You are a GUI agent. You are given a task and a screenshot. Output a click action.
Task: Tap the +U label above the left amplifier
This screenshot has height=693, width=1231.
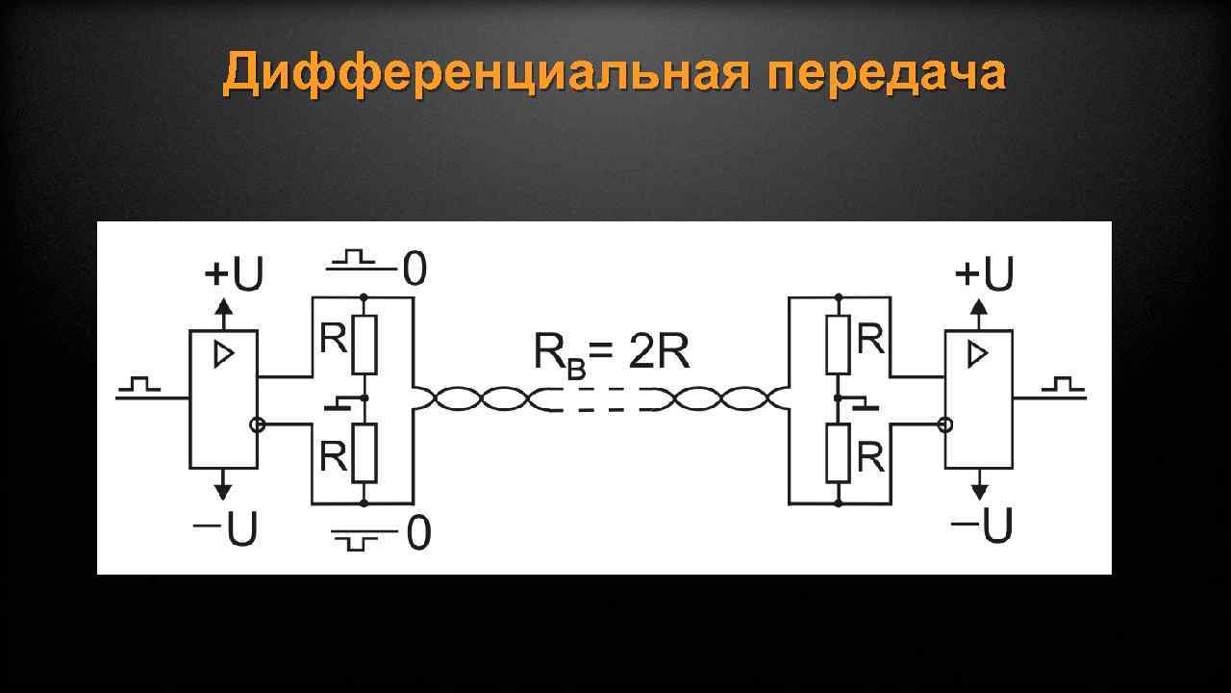click(234, 275)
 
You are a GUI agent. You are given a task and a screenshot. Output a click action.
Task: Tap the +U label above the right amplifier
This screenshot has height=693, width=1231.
click(984, 275)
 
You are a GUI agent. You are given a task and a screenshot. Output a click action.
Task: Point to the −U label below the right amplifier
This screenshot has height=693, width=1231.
click(982, 526)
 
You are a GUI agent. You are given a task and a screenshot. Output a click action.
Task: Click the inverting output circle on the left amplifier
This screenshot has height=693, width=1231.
click(256, 424)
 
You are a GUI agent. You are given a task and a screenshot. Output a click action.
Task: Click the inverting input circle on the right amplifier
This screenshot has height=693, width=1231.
click(945, 424)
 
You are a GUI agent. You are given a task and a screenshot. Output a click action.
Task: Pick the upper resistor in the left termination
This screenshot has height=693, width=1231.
click(364, 346)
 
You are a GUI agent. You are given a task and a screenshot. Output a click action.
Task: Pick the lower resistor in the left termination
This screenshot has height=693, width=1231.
click(364, 453)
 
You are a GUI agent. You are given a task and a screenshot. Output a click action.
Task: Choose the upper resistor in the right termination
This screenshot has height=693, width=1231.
click(839, 346)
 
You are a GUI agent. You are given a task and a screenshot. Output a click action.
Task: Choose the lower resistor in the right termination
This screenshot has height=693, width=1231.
click(839, 453)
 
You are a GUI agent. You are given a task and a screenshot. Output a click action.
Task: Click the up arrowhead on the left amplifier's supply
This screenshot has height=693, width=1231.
click(223, 307)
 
